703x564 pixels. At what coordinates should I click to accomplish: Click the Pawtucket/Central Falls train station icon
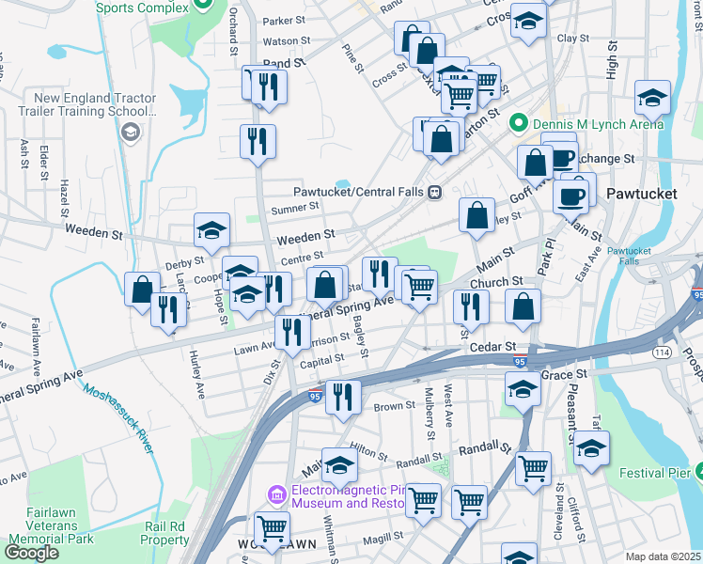point(434,192)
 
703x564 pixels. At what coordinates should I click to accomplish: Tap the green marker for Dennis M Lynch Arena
point(517,123)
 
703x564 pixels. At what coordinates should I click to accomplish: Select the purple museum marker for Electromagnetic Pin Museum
point(277,494)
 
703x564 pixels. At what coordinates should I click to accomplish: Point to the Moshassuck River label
point(117,418)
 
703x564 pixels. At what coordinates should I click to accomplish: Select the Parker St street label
point(285,20)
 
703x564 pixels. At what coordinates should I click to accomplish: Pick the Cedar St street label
point(490,348)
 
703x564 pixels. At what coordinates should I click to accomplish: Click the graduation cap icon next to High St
point(652,97)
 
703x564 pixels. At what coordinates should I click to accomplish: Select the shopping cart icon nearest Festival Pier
point(533,466)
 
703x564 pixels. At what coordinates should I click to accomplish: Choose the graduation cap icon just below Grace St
point(523,388)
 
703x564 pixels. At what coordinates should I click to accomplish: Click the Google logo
point(32,552)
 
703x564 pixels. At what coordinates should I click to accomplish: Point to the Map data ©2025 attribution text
point(663,556)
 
